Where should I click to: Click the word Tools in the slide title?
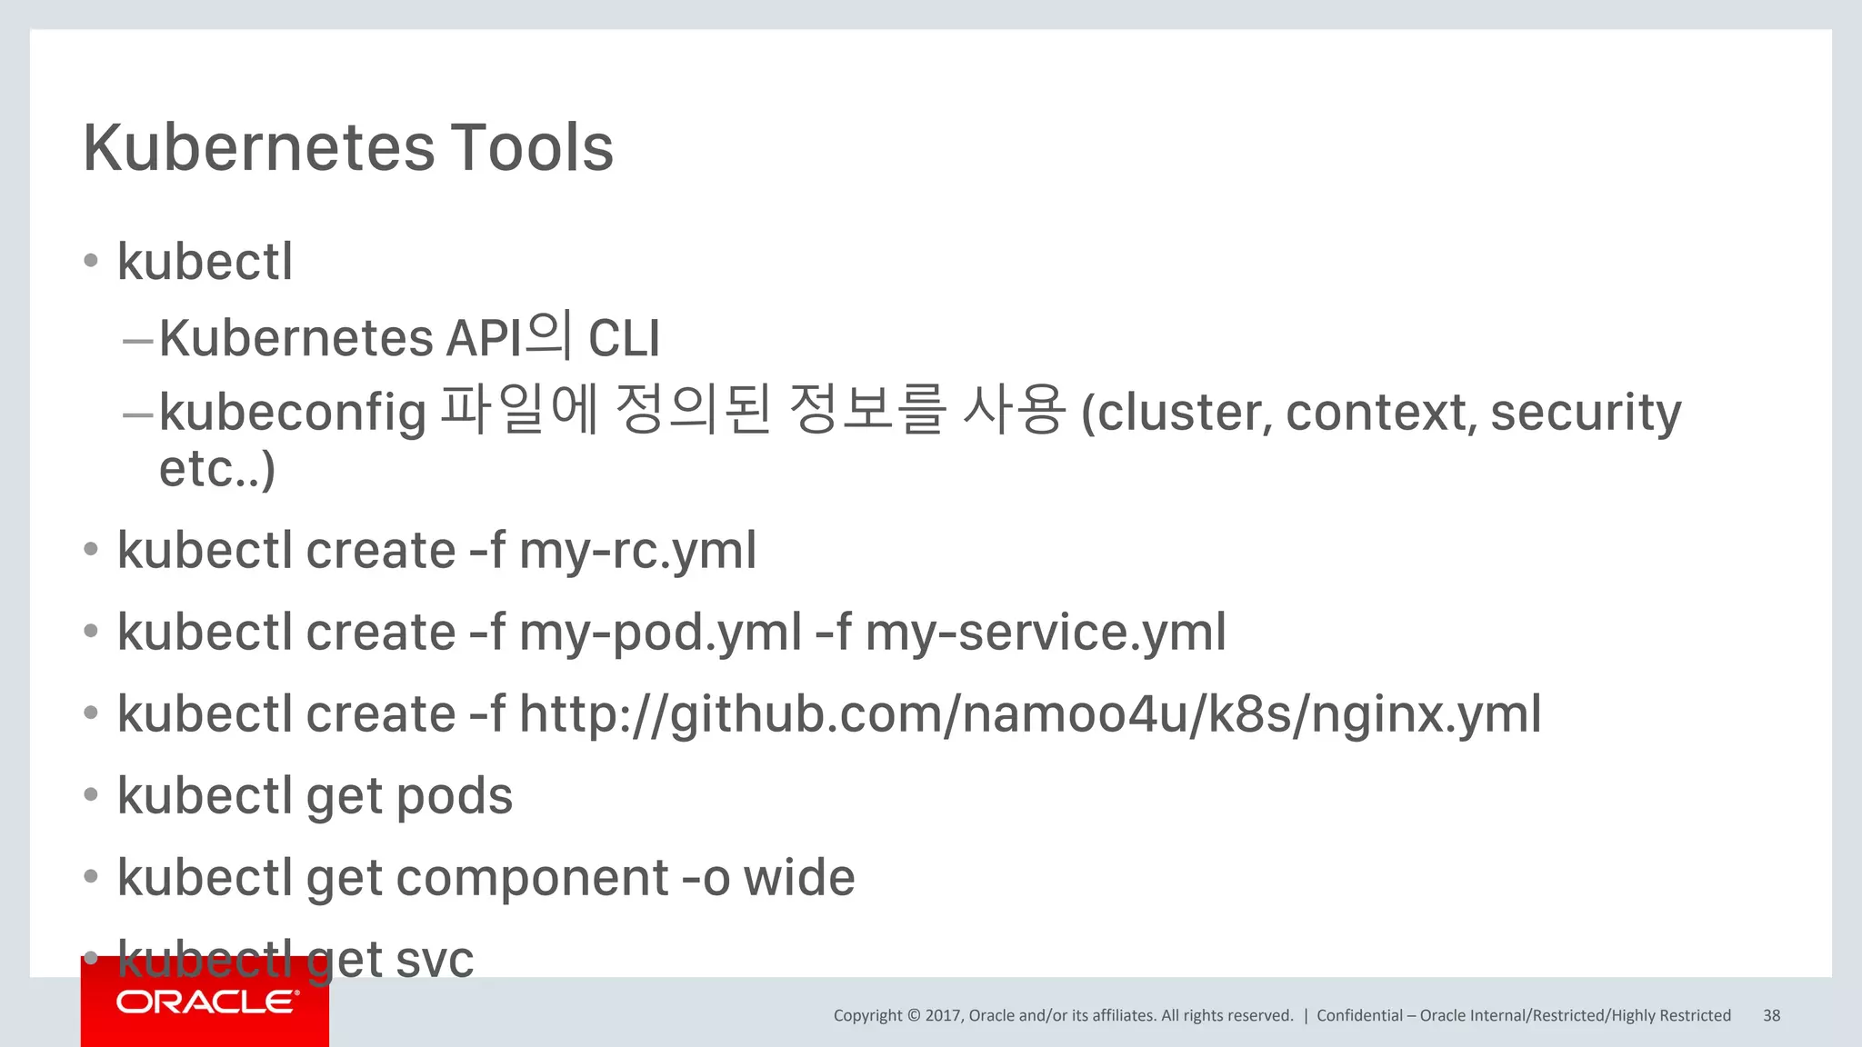(x=532, y=147)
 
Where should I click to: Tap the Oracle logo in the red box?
(x=206, y=1002)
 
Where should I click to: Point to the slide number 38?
(x=1771, y=1015)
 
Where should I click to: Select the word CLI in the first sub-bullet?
(x=624, y=338)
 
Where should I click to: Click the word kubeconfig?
(x=293, y=413)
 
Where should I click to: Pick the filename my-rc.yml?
(x=637, y=551)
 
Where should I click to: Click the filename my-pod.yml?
(x=660, y=633)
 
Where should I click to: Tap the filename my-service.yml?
(x=1046, y=633)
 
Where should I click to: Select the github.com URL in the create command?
(x=1030, y=714)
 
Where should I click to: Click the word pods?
(x=455, y=796)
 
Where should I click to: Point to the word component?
(x=533, y=878)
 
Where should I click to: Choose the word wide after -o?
(x=799, y=878)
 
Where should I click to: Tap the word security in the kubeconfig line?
(x=1586, y=413)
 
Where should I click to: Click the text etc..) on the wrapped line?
(x=216, y=469)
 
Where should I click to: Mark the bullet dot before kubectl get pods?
(x=90, y=794)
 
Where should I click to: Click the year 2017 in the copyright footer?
(x=943, y=1015)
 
